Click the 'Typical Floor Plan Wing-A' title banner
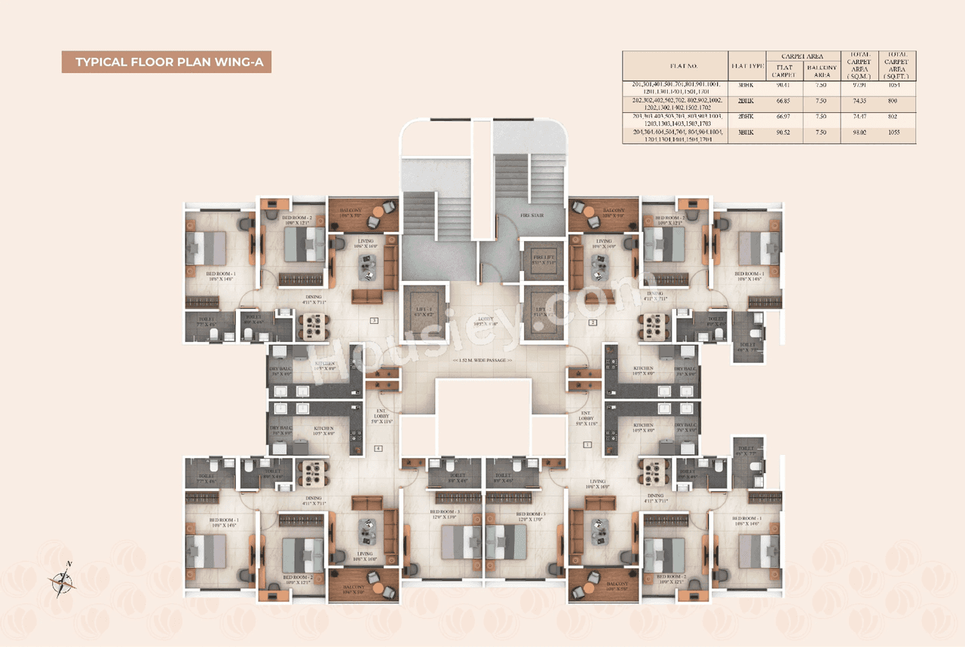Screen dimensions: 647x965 [x=166, y=62]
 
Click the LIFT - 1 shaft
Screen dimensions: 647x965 [x=422, y=310]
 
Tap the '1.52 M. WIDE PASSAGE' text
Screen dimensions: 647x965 [x=482, y=361]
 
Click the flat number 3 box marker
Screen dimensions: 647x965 [x=374, y=321]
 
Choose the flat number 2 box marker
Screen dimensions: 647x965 [x=593, y=322]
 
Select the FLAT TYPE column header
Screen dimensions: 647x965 [x=746, y=66]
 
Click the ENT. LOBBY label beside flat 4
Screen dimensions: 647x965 [x=382, y=417]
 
